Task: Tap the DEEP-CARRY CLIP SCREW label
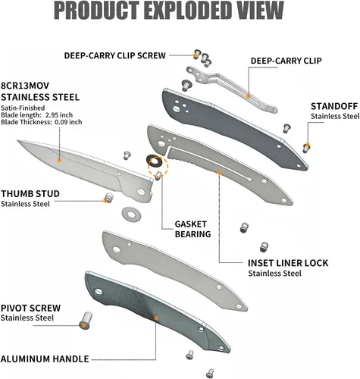click(x=115, y=55)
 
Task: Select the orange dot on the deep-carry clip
click(x=249, y=96)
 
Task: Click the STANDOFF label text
click(x=334, y=106)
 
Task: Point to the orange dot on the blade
click(x=59, y=160)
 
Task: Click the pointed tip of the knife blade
click(x=17, y=140)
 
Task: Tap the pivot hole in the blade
click(x=141, y=192)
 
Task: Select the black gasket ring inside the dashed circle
click(x=154, y=161)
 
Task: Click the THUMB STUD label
click(x=30, y=194)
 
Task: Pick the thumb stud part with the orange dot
click(x=108, y=198)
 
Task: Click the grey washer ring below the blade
click(x=131, y=215)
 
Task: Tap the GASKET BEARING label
click(x=193, y=229)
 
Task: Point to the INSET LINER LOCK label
click(x=288, y=263)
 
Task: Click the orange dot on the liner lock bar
click(x=220, y=172)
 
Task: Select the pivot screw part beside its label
click(x=86, y=321)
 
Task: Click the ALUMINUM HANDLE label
click(x=45, y=359)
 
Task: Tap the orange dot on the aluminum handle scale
click(x=156, y=318)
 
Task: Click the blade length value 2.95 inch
click(x=59, y=115)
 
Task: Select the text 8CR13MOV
click(x=25, y=86)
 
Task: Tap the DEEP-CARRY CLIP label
click(x=286, y=61)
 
